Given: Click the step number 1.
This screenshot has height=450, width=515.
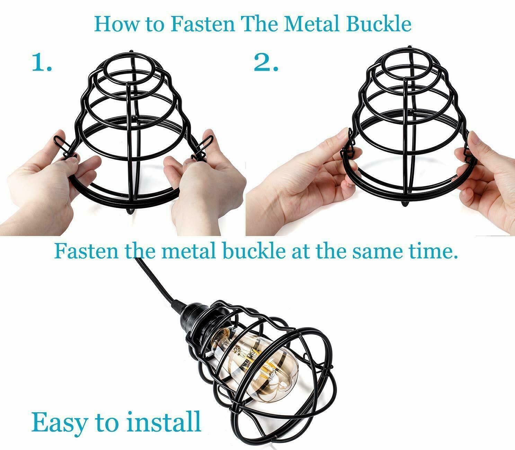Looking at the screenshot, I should click(x=42, y=63).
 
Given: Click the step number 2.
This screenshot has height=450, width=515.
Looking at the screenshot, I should click(x=266, y=63).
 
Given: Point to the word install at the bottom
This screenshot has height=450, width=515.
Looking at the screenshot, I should click(x=163, y=421).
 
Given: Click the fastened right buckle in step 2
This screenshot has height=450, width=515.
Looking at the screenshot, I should click(x=468, y=145).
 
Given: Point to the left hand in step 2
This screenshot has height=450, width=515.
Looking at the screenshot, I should click(x=305, y=183).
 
